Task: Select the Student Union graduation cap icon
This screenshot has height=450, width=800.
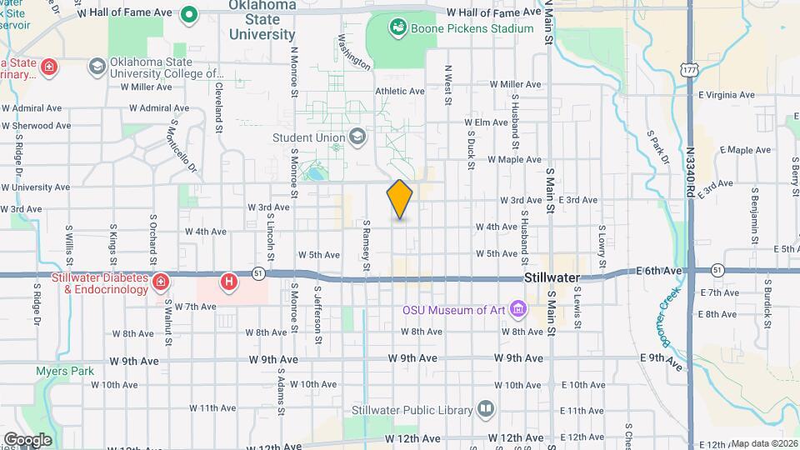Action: coord(357,137)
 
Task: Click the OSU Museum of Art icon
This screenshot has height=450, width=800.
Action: coord(520,310)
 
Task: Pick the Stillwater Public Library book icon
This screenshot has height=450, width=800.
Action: coord(485,408)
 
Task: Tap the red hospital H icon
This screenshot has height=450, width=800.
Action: coord(228,282)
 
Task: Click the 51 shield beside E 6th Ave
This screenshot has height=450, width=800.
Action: coord(717,270)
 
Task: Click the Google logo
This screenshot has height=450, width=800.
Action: coord(27,440)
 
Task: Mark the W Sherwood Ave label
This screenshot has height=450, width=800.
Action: coord(37,126)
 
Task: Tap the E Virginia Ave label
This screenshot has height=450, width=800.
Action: coord(727,95)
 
